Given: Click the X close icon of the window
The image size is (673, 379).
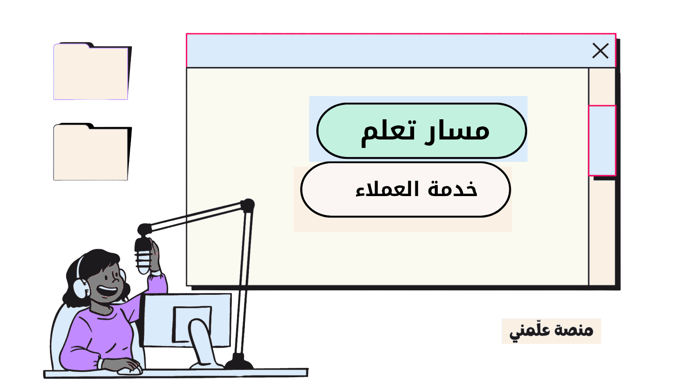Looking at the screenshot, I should click(600, 51).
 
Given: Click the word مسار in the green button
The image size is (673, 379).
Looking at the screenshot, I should click(458, 131).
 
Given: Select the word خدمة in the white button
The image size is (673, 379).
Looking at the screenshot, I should click(453, 189).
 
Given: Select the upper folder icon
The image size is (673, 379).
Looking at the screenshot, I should click(91, 72).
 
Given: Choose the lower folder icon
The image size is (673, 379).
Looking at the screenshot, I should click(91, 153).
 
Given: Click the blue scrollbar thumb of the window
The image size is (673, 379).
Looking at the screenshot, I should click(602, 140).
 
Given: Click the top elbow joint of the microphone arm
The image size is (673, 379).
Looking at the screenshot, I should click(248, 205).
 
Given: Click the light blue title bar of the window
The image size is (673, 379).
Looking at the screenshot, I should click(386, 51).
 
